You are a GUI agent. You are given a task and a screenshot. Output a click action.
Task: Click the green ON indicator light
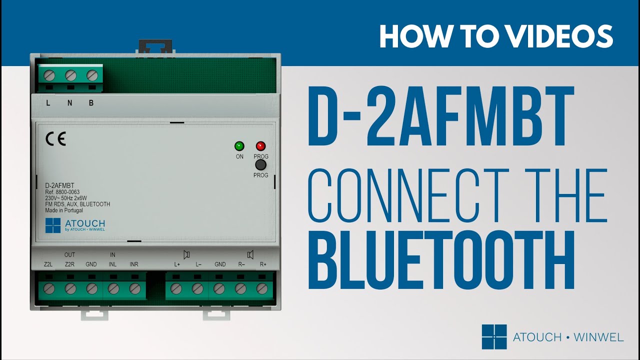click(x=239, y=146)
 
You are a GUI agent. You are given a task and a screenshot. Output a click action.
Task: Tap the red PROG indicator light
click(x=260, y=146)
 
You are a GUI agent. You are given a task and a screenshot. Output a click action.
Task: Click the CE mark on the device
click(x=55, y=139)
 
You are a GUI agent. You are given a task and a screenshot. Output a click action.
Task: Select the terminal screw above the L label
click(x=49, y=75)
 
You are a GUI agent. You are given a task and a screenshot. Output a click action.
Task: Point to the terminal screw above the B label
click(x=91, y=75)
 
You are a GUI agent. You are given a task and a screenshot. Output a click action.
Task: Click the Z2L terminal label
click(x=48, y=264)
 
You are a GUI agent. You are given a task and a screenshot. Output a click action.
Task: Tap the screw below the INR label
click(x=134, y=288)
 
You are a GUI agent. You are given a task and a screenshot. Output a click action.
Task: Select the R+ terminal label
click(x=263, y=264)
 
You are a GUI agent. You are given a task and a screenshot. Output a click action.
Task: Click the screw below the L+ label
click(x=176, y=288)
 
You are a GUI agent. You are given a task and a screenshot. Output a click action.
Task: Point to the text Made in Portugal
click(x=63, y=210)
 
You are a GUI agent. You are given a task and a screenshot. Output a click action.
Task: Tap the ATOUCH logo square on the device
click(x=52, y=225)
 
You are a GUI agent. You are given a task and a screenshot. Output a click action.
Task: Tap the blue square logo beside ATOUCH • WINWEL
click(x=494, y=337)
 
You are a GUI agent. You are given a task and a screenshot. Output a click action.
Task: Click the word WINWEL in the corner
click(x=598, y=337)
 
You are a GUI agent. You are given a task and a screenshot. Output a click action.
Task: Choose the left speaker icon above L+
click(x=186, y=254)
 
